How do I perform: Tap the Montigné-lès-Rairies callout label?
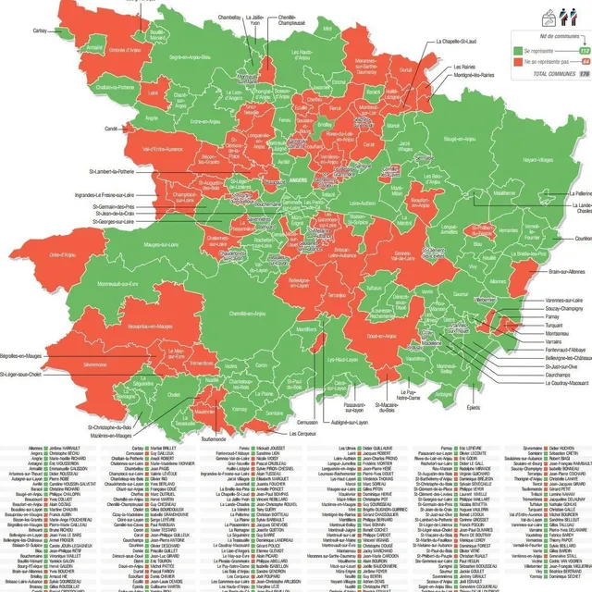point(475,76)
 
